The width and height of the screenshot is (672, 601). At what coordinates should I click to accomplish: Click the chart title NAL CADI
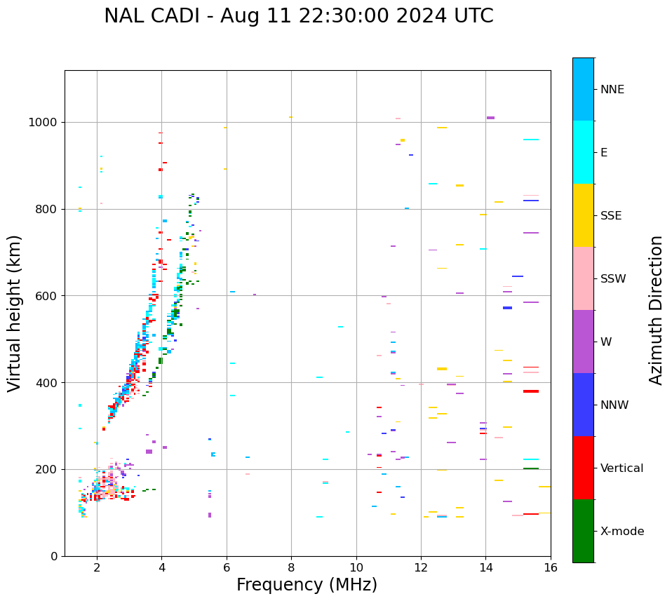point(298,16)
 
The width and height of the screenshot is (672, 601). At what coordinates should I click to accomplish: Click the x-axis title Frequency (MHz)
point(307,585)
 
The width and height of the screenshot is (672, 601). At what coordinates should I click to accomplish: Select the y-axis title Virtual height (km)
point(15,313)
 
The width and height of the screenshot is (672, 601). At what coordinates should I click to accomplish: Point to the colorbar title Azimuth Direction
point(656,310)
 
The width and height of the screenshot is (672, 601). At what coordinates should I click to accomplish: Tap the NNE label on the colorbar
point(612,90)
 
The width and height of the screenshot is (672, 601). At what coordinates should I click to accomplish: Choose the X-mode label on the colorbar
point(621,532)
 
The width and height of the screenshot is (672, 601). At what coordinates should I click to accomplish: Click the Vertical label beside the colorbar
point(621,468)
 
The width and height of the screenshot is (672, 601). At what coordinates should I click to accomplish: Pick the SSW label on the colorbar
point(613,279)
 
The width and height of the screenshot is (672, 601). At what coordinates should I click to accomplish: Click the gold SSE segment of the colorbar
point(583,215)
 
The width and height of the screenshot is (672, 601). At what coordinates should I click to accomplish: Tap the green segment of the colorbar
point(583,531)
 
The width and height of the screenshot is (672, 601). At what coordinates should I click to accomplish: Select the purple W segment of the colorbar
point(583,342)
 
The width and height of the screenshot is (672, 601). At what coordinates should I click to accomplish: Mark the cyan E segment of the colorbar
point(583,152)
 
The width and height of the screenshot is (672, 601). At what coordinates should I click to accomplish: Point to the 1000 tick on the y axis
point(44,122)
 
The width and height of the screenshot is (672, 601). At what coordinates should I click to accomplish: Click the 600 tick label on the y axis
point(47,296)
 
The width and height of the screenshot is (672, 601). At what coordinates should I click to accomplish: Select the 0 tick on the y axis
point(55,556)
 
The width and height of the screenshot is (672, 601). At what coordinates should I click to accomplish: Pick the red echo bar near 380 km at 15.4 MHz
point(530,391)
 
